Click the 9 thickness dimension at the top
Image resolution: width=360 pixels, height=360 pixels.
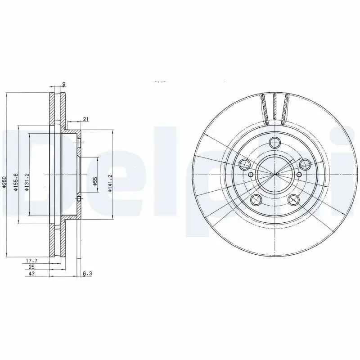click(65, 84)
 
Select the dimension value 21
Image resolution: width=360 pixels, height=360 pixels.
click(85, 119)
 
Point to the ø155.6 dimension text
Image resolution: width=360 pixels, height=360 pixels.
click(15, 182)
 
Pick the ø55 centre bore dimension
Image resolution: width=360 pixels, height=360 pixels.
click(95, 181)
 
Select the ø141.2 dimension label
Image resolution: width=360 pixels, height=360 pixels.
click(109, 184)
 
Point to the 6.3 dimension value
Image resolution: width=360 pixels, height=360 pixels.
click(87, 273)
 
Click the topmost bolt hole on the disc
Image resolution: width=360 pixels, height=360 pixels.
click(274, 143)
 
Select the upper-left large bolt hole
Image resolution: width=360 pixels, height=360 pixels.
click(245, 163)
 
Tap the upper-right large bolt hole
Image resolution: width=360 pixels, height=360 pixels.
click(305, 164)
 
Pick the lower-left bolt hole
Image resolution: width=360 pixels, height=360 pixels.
click(256, 199)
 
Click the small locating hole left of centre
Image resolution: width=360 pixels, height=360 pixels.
click(251, 175)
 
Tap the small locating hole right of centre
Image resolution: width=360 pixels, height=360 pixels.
click(299, 175)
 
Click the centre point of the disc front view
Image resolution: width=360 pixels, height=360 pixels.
click(274, 175)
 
